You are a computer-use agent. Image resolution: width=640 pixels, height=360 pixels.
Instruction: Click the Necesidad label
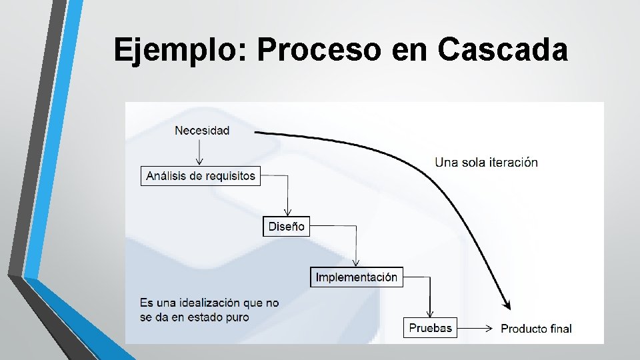click(202, 131)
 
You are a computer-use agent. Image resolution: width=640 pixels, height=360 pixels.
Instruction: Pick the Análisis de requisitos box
click(201, 176)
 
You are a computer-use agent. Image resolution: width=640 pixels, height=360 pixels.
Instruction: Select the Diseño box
click(287, 227)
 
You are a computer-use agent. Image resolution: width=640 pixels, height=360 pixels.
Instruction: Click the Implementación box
click(357, 277)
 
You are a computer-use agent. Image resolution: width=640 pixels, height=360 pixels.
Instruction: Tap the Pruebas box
click(431, 327)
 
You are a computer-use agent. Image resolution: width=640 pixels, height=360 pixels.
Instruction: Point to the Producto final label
click(536, 328)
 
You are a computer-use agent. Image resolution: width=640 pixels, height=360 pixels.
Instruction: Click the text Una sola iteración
click(486, 162)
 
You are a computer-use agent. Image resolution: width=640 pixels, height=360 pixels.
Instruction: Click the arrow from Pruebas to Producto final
click(476, 327)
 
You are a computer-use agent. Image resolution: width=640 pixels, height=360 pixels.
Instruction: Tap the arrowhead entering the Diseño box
click(287, 213)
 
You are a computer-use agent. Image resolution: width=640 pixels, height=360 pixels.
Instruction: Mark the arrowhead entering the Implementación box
click(356, 263)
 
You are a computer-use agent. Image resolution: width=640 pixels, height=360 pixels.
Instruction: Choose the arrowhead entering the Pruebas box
click(430, 314)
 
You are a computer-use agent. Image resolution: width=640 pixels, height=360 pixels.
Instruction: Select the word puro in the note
click(237, 317)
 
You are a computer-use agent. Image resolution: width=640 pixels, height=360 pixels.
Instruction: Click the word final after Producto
click(561, 328)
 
